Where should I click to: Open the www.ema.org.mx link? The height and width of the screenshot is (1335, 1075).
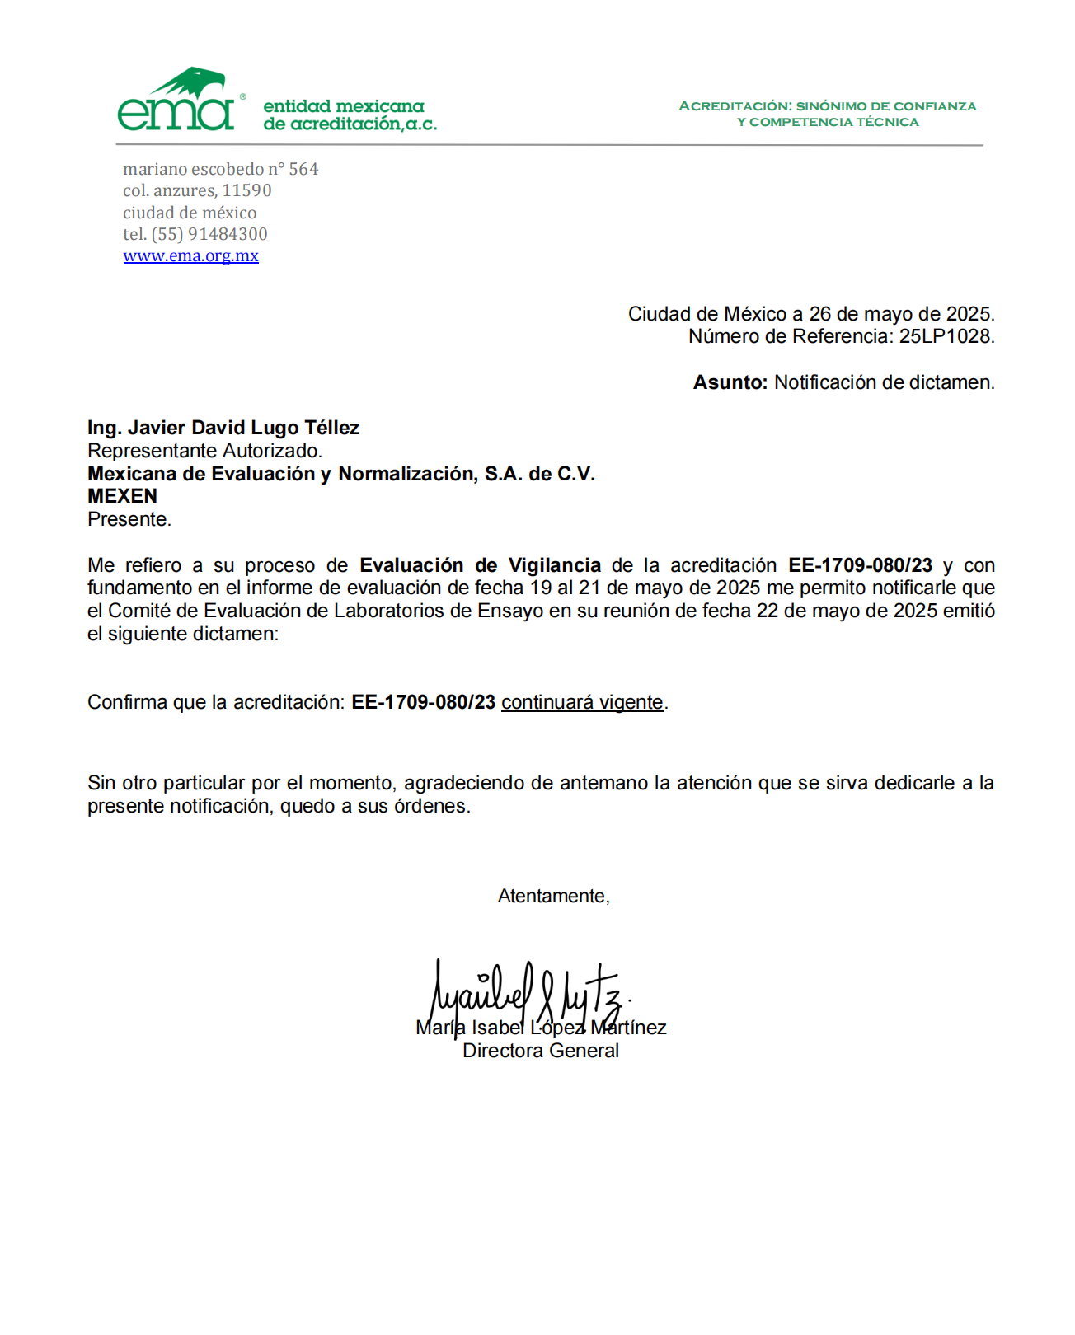click(x=190, y=256)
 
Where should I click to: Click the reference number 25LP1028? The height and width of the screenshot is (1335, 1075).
click(x=946, y=336)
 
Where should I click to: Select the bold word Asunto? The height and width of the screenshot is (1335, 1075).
click(x=730, y=382)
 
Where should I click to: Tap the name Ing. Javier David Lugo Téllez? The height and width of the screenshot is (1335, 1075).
click(x=223, y=428)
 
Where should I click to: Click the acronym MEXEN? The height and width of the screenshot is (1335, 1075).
click(x=122, y=496)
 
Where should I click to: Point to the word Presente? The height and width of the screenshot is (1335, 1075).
click(x=129, y=519)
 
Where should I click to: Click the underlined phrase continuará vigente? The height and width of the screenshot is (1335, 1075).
click(x=582, y=702)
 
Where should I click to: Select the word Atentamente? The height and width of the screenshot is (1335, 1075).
click(x=552, y=896)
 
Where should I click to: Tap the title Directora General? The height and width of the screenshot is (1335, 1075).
click(x=540, y=1051)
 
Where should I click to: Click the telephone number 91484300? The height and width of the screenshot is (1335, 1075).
click(x=228, y=234)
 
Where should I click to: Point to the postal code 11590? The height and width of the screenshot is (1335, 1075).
click(x=246, y=190)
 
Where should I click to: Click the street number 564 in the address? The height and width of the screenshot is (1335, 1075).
click(x=303, y=169)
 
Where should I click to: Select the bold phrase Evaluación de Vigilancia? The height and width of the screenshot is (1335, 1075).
click(x=480, y=565)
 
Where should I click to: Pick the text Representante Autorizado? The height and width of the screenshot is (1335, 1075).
click(x=204, y=451)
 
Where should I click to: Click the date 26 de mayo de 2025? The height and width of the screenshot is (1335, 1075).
click(x=901, y=314)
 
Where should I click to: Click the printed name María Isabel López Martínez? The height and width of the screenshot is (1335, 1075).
click(x=541, y=1028)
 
